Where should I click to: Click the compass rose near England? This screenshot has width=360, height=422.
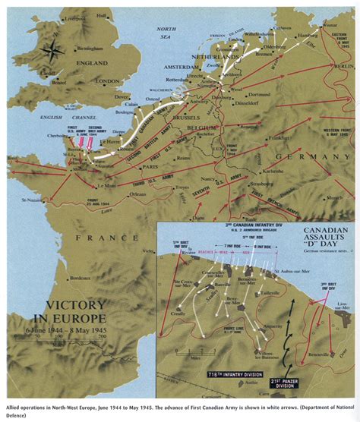point(54,52)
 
